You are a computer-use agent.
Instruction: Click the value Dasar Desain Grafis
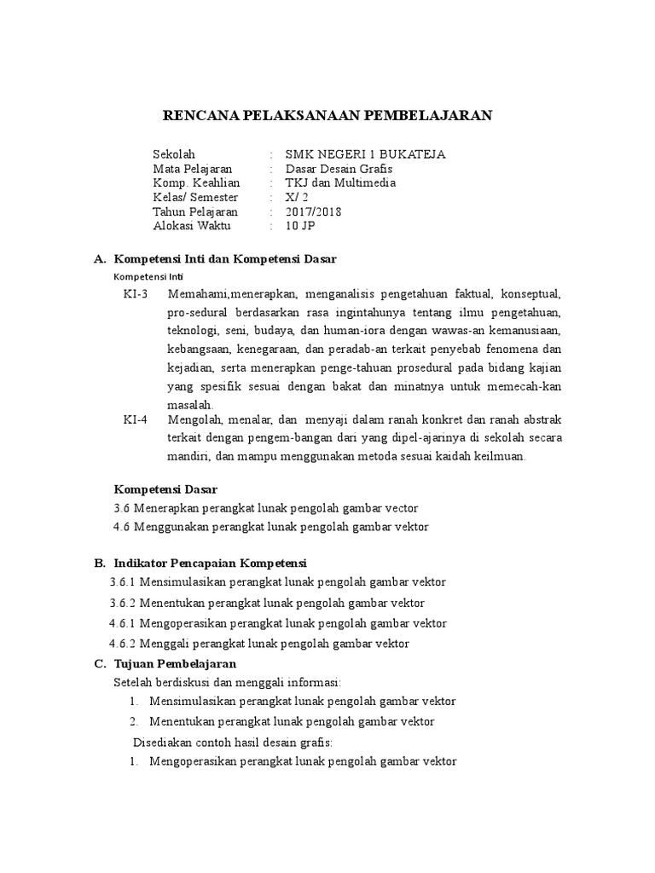click(x=339, y=169)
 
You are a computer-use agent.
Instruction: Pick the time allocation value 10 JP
click(x=301, y=227)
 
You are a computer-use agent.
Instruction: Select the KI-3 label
click(x=135, y=294)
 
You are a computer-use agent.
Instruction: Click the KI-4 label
click(x=135, y=419)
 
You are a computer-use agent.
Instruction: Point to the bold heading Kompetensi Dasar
click(x=166, y=489)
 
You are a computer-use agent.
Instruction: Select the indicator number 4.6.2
click(x=124, y=644)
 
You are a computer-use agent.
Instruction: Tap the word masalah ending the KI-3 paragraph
click(x=188, y=405)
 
